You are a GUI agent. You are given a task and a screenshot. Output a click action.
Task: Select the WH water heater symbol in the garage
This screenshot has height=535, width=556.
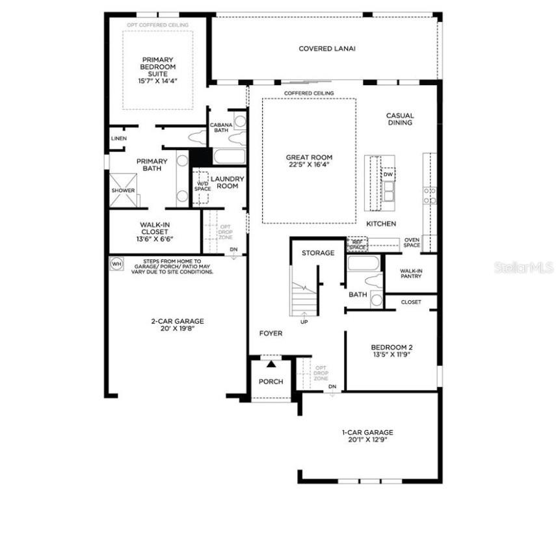tap(116, 263)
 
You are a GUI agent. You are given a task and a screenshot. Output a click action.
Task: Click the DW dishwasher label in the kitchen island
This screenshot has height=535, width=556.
tap(388, 175)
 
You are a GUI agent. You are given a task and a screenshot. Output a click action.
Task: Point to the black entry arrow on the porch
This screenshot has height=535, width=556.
tap(271, 365)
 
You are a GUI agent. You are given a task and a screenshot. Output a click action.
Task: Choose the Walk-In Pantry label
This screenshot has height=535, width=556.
tap(410, 273)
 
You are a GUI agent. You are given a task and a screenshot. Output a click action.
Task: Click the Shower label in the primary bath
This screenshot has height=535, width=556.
tap(123, 190)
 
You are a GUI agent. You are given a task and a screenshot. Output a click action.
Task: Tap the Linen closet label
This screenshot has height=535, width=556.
tap(118, 138)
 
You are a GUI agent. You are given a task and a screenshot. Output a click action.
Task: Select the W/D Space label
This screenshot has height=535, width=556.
tap(202, 186)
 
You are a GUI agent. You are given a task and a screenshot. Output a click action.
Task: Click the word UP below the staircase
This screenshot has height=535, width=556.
tap(304, 322)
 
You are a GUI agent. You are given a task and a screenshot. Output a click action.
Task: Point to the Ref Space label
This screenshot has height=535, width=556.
tap(357, 244)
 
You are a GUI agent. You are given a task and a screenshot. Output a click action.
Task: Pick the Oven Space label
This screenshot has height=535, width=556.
tap(412, 242)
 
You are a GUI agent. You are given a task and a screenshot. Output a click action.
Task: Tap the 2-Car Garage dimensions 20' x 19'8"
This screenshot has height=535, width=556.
tap(178, 329)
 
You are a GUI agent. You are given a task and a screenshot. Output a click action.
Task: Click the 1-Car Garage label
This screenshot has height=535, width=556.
tap(367, 432)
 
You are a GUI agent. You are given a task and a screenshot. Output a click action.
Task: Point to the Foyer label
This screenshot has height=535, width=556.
tap(271, 333)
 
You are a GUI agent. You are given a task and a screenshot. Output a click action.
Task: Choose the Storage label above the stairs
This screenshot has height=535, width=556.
tap(318, 253)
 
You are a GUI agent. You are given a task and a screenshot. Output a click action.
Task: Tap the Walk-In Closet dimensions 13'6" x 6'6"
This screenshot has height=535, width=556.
tap(155, 239)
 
